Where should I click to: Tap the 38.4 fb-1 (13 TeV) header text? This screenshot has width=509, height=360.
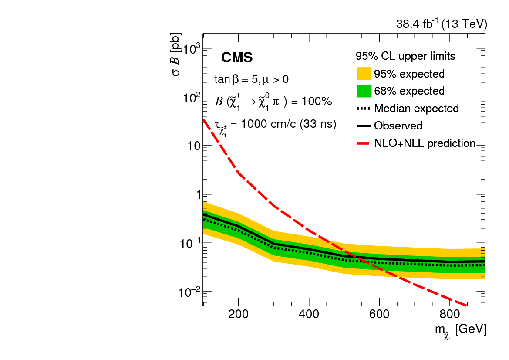pyautogui.click(x=441, y=25)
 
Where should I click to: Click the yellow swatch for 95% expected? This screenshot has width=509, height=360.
pyautogui.click(x=364, y=74)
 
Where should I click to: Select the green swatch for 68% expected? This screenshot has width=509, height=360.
pyautogui.click(x=364, y=91)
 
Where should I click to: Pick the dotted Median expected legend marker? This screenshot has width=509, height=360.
pyautogui.click(x=364, y=108)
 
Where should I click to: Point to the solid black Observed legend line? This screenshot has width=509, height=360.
pyautogui.click(x=364, y=126)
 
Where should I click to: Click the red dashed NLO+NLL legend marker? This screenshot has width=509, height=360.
pyautogui.click(x=364, y=143)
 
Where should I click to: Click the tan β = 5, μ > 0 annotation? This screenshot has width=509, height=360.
pyautogui.click(x=251, y=79)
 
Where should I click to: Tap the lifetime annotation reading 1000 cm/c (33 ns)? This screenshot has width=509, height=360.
pyautogui.click(x=275, y=124)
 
